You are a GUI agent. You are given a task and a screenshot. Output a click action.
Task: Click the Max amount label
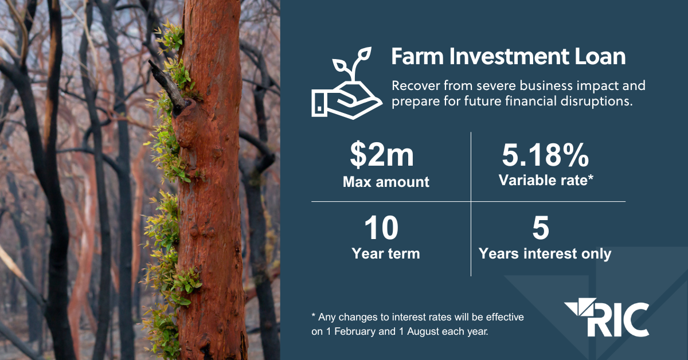pyautogui.click(x=386, y=182)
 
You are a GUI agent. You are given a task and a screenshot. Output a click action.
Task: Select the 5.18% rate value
pyautogui.click(x=545, y=155)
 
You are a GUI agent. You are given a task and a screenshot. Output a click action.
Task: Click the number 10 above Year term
pyautogui.click(x=381, y=229)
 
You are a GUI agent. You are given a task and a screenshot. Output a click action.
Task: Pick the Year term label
pyautogui.click(x=386, y=253)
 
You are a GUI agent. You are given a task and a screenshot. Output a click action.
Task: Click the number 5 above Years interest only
pyautogui.click(x=541, y=229)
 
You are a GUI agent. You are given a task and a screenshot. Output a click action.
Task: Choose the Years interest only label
pyautogui.click(x=545, y=253)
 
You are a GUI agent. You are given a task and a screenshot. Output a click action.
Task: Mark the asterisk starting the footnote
pyautogui.click(x=314, y=316)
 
